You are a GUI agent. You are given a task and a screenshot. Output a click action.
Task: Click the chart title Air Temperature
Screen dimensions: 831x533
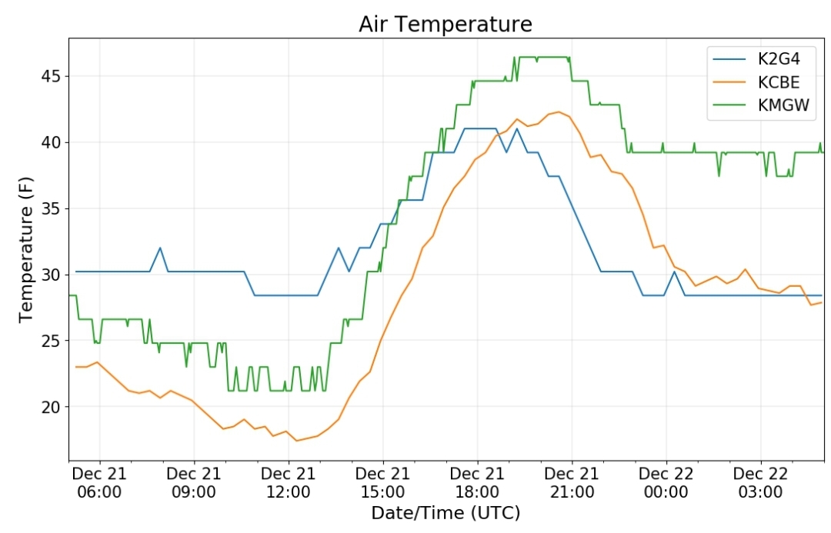446,25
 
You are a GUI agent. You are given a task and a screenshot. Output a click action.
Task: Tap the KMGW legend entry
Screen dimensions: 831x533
761,105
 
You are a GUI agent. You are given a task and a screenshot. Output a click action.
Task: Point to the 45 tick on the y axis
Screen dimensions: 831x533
52,76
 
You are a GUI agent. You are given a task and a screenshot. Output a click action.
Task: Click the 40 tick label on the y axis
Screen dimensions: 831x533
52,142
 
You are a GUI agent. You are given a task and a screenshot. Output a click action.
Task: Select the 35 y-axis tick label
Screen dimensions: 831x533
52,208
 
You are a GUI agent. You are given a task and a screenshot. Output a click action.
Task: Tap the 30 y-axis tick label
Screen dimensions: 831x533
52,275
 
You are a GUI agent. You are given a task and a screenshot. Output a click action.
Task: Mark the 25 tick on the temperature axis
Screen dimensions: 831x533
52,341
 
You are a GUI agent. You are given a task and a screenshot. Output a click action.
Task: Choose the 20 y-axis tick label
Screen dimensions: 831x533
52,407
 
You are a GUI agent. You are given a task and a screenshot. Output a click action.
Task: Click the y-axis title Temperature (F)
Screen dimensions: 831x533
26,249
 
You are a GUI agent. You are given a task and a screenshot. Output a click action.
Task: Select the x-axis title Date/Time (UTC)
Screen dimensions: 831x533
446,513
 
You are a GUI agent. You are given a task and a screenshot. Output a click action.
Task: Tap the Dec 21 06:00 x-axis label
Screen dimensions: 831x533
99,483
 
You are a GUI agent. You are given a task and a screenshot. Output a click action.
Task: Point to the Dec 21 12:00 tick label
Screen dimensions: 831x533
289,483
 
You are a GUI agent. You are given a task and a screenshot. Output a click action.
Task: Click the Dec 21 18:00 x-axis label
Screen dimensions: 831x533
477,483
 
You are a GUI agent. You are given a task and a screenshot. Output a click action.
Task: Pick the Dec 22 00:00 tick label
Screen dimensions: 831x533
666,483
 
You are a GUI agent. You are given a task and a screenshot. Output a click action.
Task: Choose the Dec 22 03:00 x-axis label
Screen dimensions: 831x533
760,483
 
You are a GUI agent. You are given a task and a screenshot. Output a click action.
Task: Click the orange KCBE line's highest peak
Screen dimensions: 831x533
559,112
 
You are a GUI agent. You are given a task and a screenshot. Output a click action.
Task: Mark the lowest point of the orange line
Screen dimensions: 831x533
297,440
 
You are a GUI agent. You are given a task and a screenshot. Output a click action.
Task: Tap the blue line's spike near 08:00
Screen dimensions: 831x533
160,248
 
